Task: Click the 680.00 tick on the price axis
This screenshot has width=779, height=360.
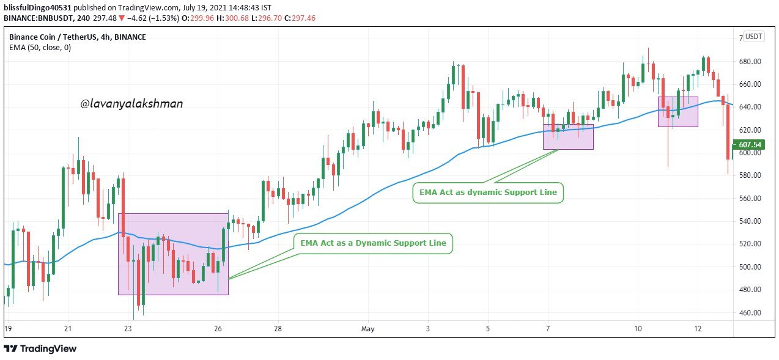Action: click(x=749, y=62)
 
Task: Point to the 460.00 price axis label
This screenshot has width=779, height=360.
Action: click(x=749, y=312)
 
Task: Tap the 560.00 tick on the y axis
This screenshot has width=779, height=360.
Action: click(x=749, y=198)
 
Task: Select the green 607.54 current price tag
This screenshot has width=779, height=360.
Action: click(x=749, y=145)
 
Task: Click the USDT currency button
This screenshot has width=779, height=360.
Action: click(x=754, y=37)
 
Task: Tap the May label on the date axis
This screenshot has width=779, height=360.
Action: click(x=367, y=329)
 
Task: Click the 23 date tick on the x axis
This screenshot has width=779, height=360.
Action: click(x=128, y=329)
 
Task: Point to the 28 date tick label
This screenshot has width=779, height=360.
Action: click(x=278, y=329)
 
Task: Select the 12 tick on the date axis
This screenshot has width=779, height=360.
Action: click(x=698, y=329)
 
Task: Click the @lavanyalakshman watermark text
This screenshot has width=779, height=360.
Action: click(x=131, y=104)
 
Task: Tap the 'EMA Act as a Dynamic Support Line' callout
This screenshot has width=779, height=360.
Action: click(x=373, y=243)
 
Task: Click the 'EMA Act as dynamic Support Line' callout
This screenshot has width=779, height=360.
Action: click(x=488, y=193)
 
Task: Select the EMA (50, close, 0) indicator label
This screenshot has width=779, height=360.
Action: click(x=40, y=47)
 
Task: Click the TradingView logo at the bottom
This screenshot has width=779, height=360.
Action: click(x=40, y=348)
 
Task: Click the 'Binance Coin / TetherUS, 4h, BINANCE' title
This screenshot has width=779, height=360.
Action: click(x=77, y=37)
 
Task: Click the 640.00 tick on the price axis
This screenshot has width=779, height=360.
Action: click(x=749, y=107)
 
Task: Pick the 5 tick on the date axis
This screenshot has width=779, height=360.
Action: click(x=488, y=329)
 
